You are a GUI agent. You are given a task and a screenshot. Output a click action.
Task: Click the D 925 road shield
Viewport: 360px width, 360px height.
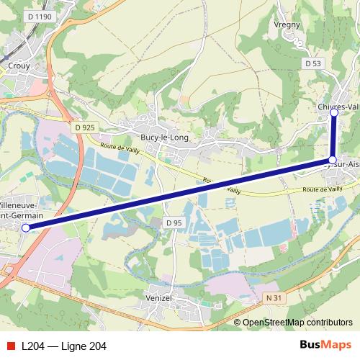click(84, 127)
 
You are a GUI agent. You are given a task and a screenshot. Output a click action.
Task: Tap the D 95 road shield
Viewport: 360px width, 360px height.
click(174, 223)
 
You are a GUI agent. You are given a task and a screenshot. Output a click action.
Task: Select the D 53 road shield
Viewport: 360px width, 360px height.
click(312, 63)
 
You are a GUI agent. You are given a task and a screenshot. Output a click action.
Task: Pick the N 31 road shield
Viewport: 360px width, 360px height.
click(272, 297)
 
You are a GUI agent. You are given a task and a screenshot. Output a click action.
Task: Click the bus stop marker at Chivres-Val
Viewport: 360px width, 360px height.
click(334, 113)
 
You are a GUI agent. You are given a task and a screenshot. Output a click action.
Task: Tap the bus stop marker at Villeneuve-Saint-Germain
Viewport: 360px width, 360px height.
click(26, 228)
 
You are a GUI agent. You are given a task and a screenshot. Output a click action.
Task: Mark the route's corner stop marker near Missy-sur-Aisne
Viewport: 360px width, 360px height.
click(333, 160)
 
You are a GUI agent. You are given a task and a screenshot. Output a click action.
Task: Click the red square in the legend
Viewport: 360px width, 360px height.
click(10, 346)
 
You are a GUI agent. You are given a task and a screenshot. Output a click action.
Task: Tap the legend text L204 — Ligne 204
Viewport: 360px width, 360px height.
click(64, 346)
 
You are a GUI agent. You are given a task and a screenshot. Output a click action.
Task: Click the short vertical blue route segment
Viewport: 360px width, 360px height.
click(333, 137)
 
